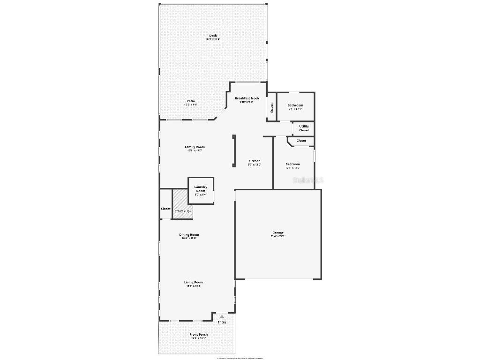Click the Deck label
point(213,36)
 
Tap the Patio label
point(191,101)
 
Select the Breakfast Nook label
point(247,98)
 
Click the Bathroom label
point(295,105)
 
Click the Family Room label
point(195,147)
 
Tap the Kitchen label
point(254,161)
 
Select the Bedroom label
point(292,164)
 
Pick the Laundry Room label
point(201,189)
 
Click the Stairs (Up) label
point(182,211)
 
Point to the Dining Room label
point(189,235)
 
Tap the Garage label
point(278,233)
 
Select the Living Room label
point(194,282)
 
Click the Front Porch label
point(198,335)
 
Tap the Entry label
point(222,322)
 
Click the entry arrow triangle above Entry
point(222,316)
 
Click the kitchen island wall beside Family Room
point(234,150)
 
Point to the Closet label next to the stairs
point(165,209)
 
